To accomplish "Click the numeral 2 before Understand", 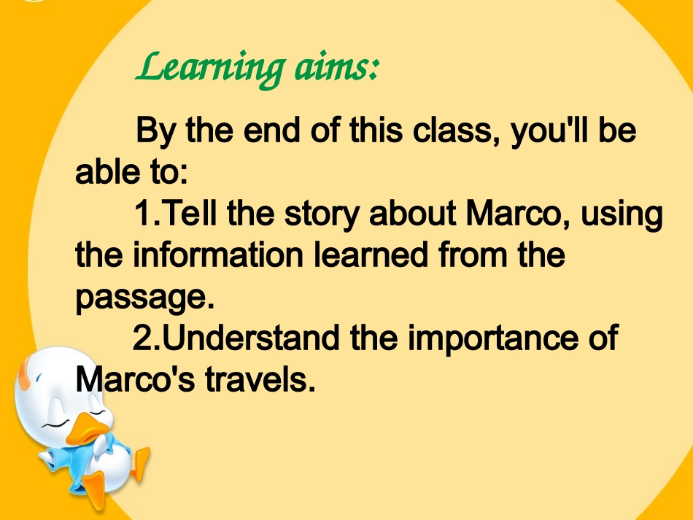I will coord(142,338).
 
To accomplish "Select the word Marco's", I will coord(134,379).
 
